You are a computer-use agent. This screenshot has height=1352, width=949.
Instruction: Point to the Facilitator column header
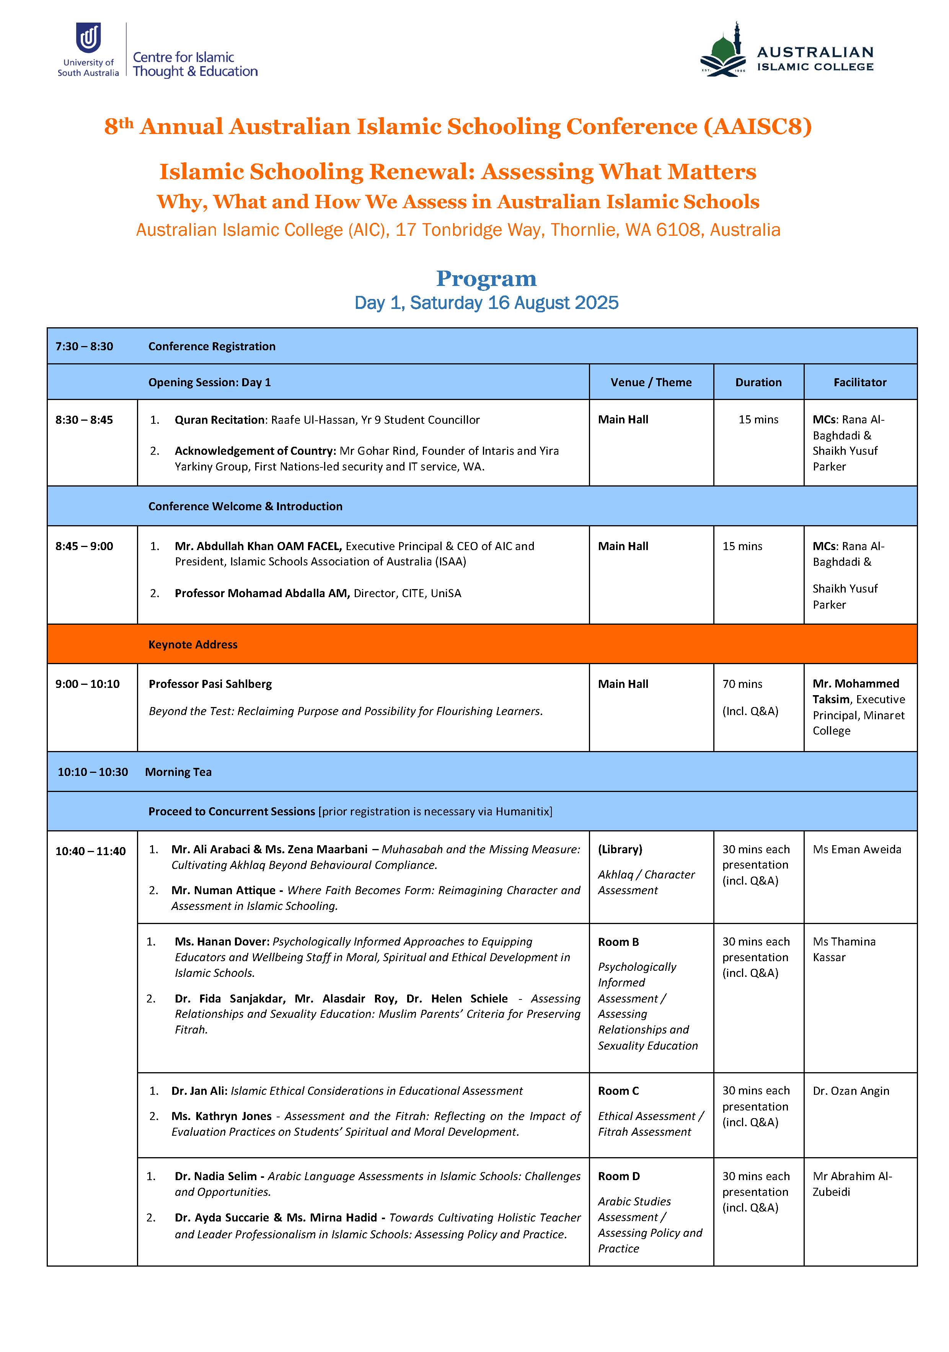pos(859,382)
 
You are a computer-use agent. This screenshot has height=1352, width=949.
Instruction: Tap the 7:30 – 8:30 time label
pos(84,346)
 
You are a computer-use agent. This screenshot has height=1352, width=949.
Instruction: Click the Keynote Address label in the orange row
pos(192,644)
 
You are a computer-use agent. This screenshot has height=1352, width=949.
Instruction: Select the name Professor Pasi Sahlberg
pos(210,684)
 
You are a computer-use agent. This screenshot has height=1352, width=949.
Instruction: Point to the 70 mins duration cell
pos(742,684)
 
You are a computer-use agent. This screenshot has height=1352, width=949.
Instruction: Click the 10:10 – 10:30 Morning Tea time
pos(93,772)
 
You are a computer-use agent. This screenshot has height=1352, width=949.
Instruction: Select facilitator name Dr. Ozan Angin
pos(851,1091)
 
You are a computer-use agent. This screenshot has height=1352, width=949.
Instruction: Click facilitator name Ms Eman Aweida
pos(856,849)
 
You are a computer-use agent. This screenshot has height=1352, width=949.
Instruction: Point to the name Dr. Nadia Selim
pos(215,1176)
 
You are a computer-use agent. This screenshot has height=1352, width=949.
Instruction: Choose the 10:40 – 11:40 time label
pos(91,851)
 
